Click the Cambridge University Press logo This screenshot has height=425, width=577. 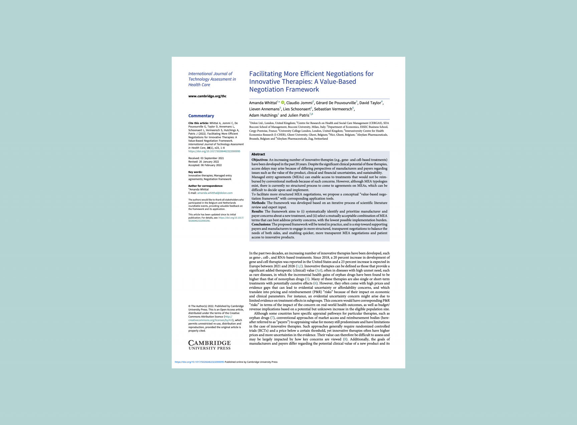pos(209,345)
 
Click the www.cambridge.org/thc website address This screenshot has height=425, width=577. pos(207,96)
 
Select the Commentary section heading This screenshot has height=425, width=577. pos(201,116)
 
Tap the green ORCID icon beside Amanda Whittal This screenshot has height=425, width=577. pos(282,103)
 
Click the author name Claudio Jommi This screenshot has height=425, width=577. pos(299,103)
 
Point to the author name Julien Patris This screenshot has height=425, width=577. pos(298,115)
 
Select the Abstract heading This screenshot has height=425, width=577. pos(258,154)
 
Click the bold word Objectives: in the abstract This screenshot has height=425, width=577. pos(259,160)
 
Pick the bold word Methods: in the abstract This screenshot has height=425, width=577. pos(258,203)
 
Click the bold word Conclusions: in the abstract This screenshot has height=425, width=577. pos(261,225)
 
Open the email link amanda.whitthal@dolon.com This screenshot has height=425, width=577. pos(215,193)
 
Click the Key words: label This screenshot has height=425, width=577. pos(195,172)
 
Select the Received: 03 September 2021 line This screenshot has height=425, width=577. pos(206,158)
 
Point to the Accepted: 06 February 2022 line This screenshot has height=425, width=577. pos(205,165)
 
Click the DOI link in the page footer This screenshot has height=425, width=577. pos(199,362)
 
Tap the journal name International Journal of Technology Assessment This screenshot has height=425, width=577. pos(212,77)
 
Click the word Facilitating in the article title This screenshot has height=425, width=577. pos(265,74)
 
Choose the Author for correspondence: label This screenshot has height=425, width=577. pos(205,186)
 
